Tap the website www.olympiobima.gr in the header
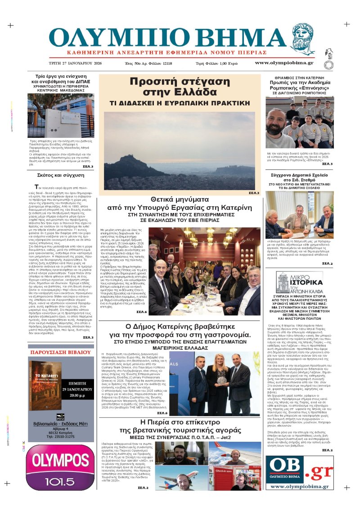pos(284,63)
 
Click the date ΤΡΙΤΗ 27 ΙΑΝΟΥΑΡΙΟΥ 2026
pos(75,63)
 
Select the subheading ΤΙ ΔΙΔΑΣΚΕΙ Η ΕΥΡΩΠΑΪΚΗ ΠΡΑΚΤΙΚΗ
pos(180,103)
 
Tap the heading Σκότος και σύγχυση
pos(62,175)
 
